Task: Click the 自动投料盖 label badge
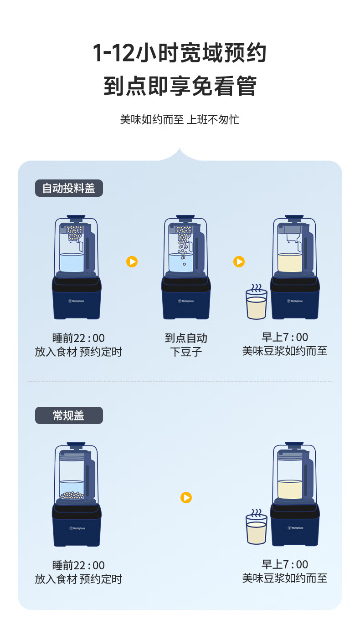[x=69, y=188]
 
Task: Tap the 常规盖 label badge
[x=69, y=415]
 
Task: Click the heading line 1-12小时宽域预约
[x=180, y=53]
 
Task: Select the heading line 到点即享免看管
[x=180, y=86]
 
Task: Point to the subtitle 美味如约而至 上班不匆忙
[x=180, y=120]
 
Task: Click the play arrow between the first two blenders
[x=132, y=262]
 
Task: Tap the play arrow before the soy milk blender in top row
[x=239, y=262]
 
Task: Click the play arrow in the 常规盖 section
[x=186, y=497]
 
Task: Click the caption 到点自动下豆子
[x=186, y=345]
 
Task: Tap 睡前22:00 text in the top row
[x=78, y=338]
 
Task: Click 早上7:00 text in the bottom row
[x=285, y=565]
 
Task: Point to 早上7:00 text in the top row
[x=285, y=337]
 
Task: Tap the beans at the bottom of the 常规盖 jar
[x=72, y=495]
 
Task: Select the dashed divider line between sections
[x=180, y=382]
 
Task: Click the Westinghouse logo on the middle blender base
[x=186, y=301]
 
